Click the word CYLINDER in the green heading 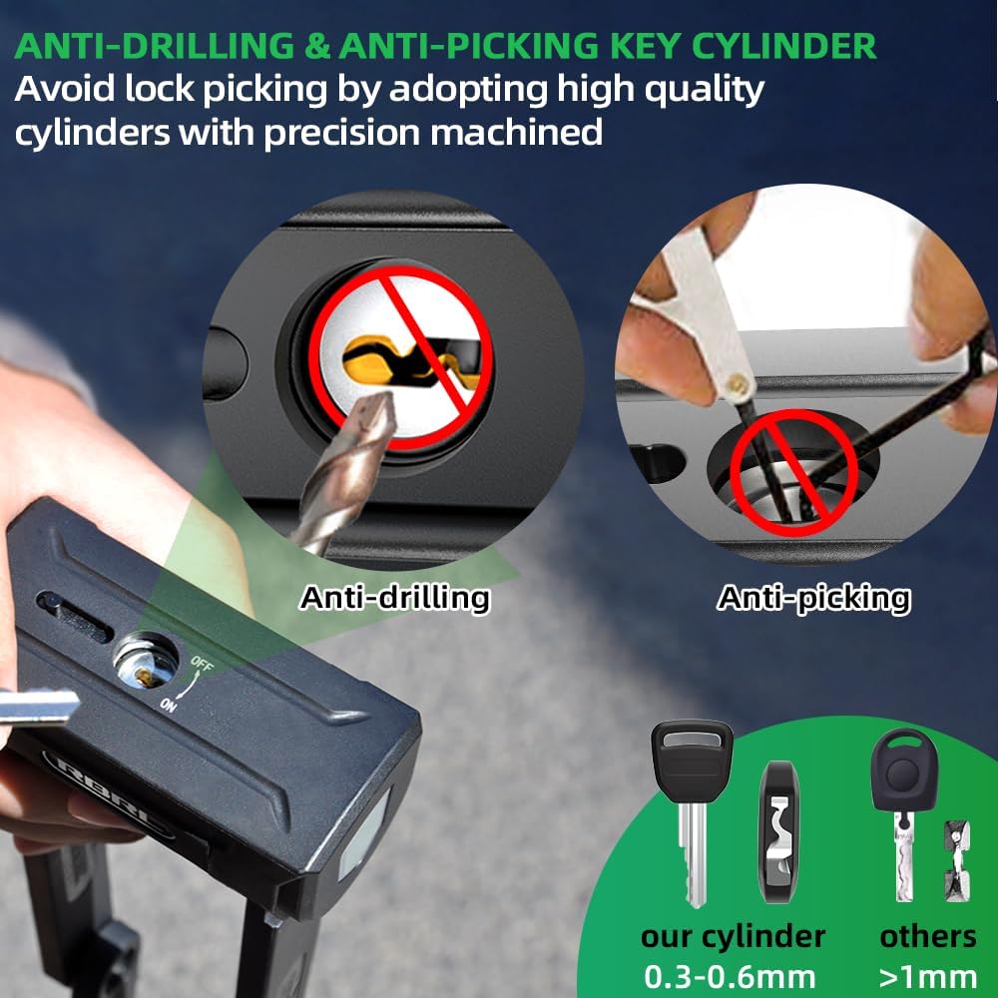click(783, 46)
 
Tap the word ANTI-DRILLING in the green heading click(155, 46)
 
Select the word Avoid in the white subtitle click(65, 89)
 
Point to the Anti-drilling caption click(394, 598)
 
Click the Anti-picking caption click(813, 598)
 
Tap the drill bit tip click(376, 399)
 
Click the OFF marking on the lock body click(203, 664)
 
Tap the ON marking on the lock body click(168, 705)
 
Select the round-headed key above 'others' click(904, 815)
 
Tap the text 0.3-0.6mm click(730, 977)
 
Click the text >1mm click(927, 977)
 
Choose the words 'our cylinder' click(733, 937)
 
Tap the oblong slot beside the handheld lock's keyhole click(75, 615)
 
